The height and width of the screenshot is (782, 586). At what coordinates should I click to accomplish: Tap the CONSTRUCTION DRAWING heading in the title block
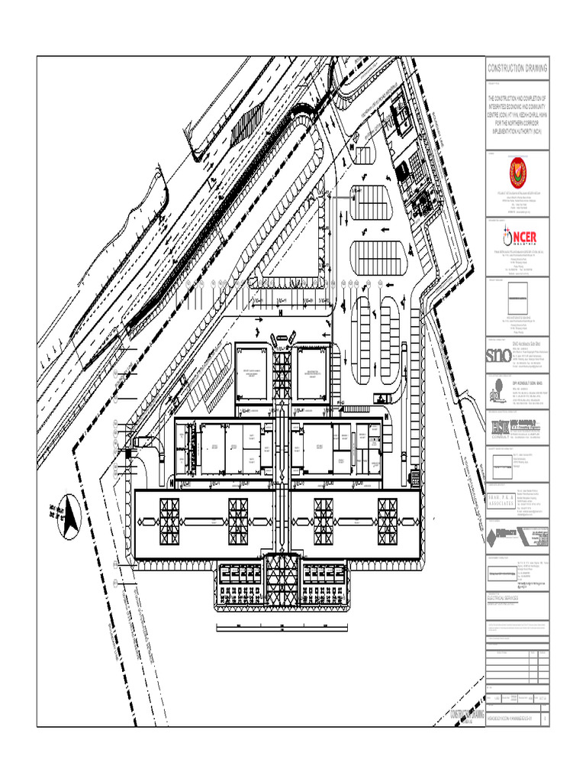pos(517,69)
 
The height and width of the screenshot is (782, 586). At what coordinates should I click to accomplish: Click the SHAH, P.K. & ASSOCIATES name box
pos(501,502)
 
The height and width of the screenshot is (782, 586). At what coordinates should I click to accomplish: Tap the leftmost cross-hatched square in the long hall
pos(169,522)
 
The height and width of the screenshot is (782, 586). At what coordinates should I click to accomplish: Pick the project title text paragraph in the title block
pos(517,110)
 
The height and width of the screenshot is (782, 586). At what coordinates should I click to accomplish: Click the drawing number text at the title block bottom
pos(511,719)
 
